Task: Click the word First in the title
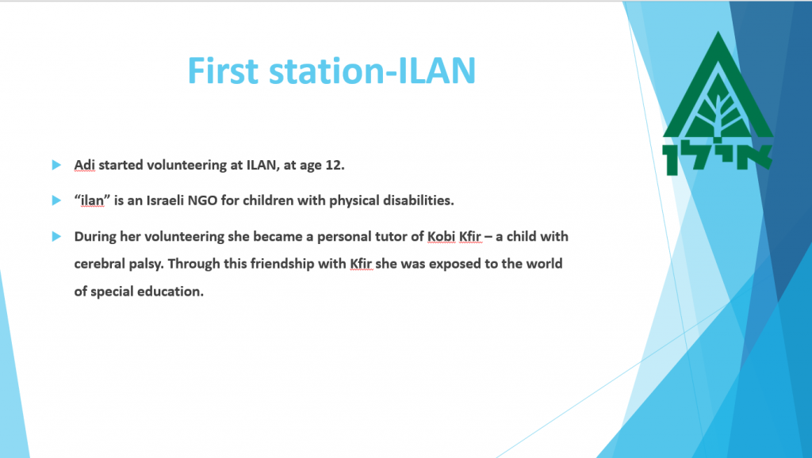223,71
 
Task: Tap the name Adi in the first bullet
84,165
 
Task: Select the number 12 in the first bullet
335,165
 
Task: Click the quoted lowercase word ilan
92,200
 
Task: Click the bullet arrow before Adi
56,165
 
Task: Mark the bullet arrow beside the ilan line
56,200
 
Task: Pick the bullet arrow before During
56,236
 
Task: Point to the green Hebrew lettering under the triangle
717,157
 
